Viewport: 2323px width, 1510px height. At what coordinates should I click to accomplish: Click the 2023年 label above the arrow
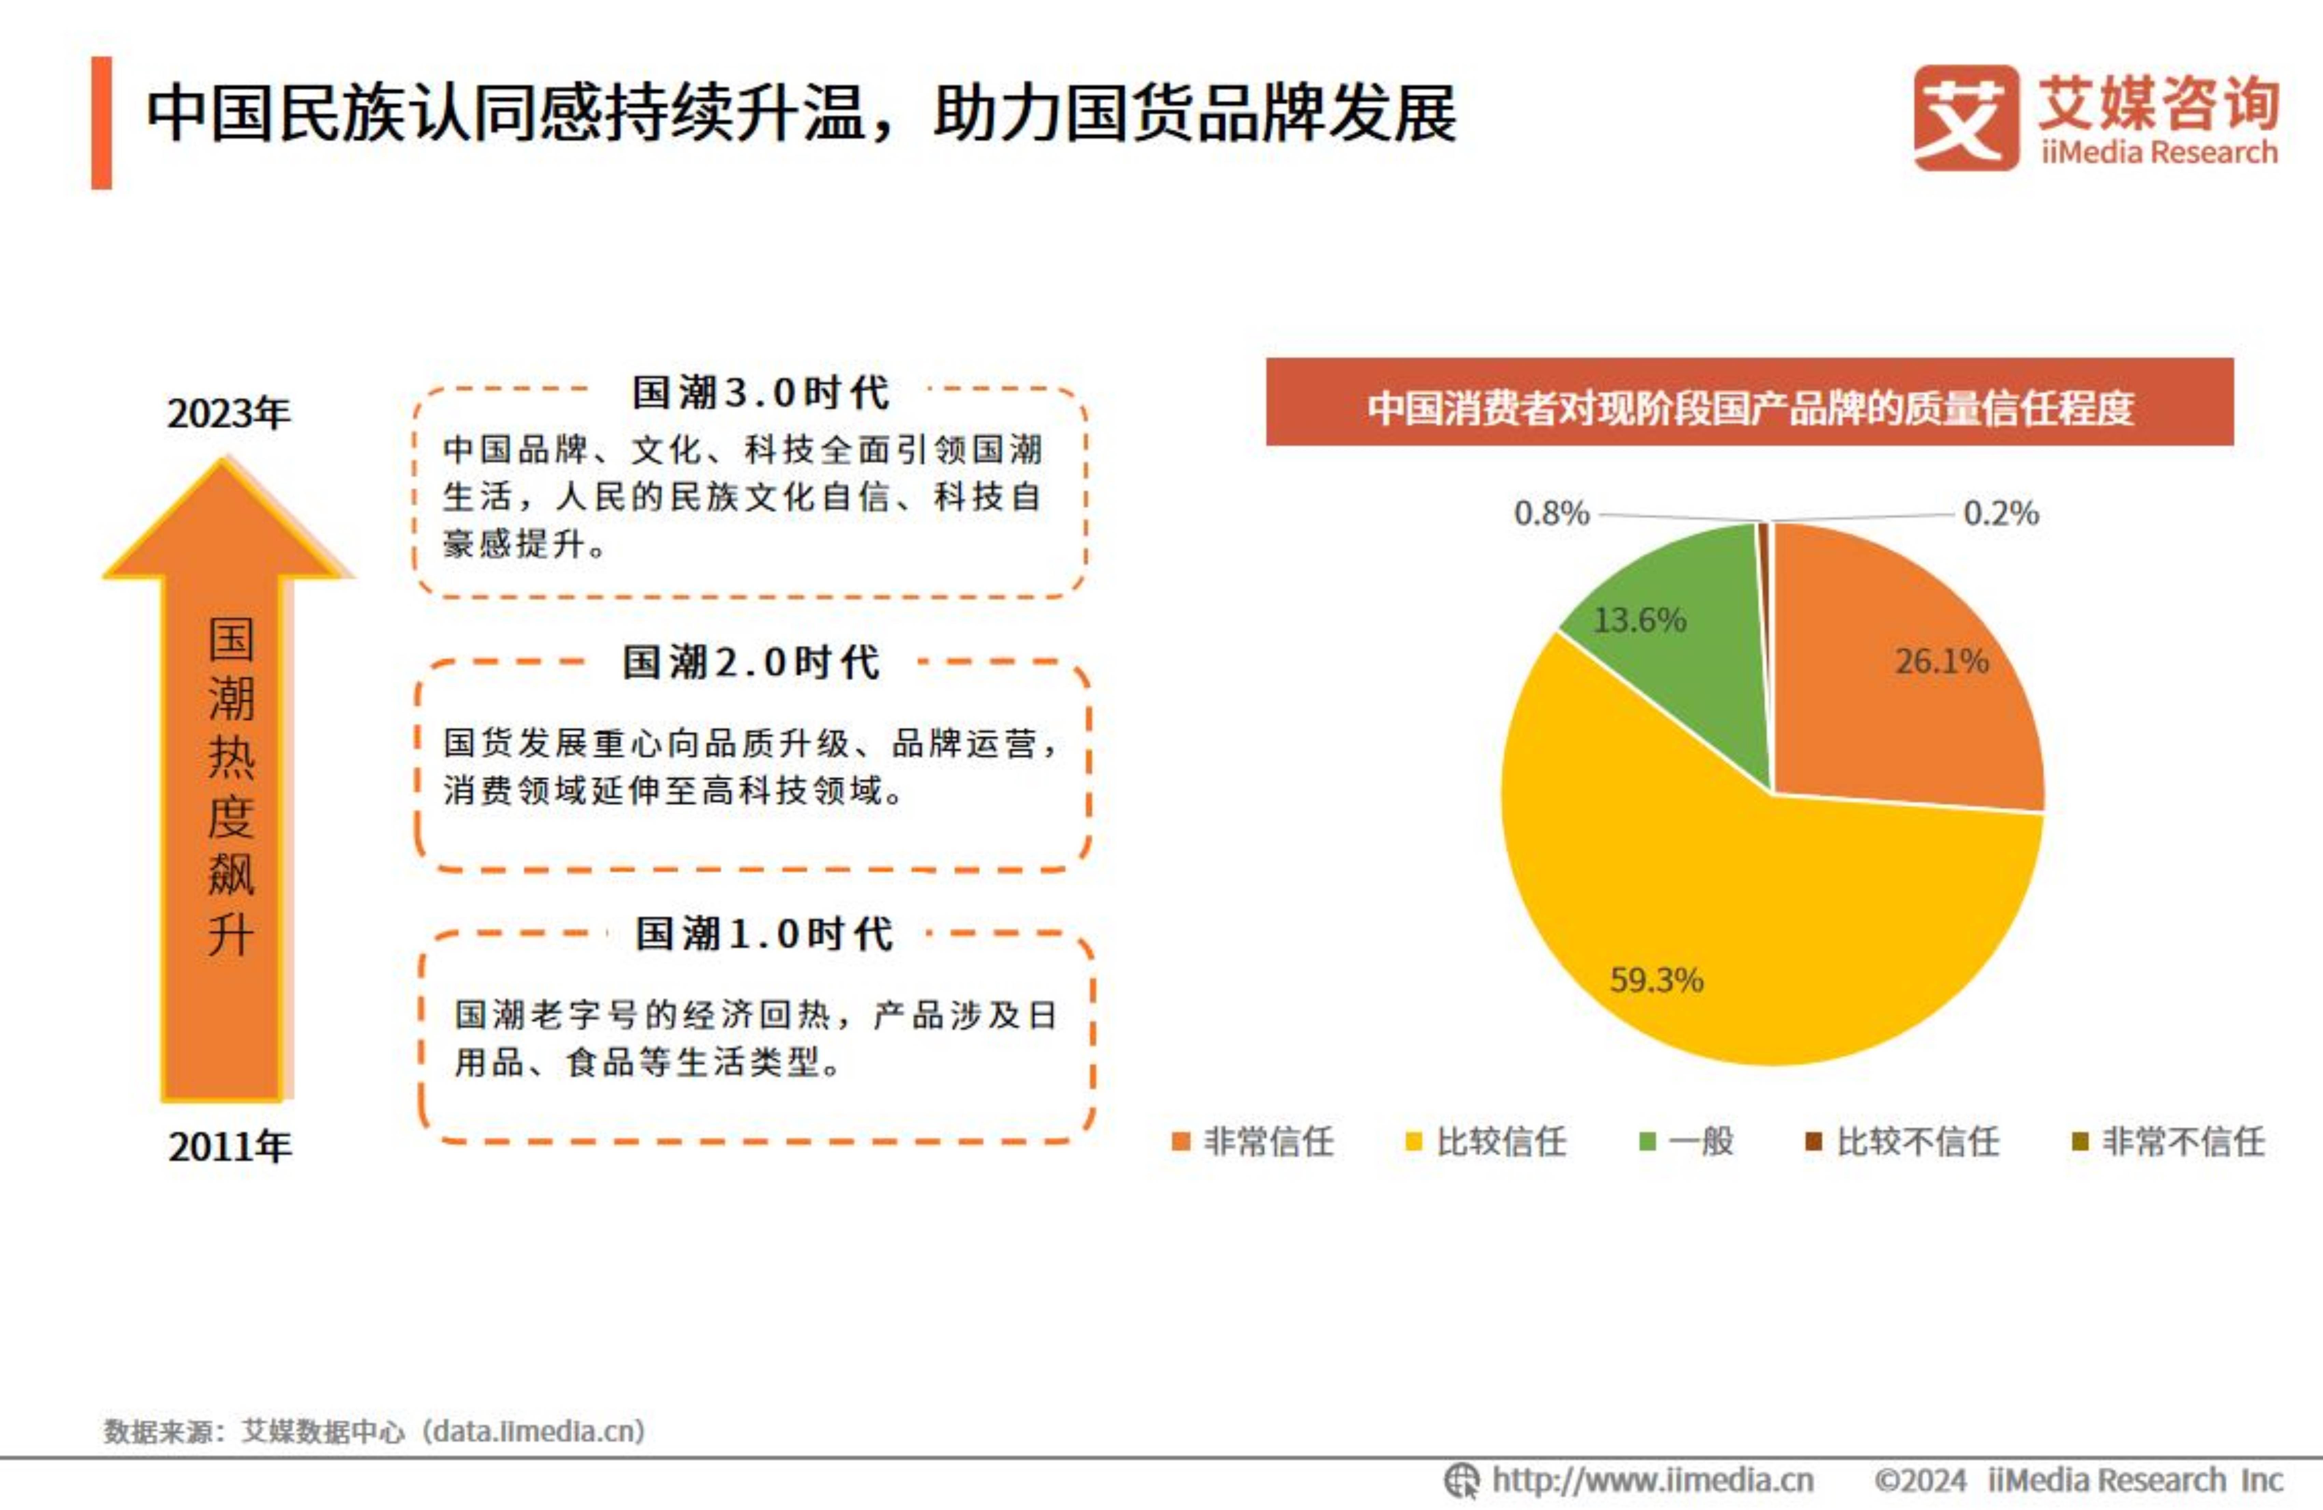point(228,413)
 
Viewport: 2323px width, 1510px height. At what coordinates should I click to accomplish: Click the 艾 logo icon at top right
point(1965,117)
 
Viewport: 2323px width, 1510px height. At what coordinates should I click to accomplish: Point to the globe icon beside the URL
point(1461,1480)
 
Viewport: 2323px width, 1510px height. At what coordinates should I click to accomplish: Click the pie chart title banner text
point(1749,408)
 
